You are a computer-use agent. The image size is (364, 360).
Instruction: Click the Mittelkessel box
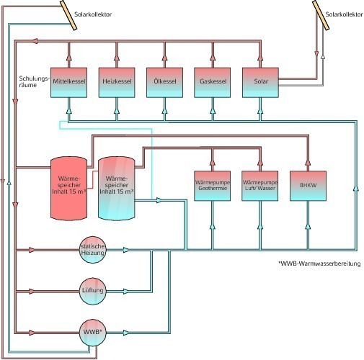coord(68,83)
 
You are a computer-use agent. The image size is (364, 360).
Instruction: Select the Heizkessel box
coord(117,83)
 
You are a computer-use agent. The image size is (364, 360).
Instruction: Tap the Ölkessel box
coord(164,83)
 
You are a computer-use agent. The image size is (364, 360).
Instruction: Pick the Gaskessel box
coord(213,83)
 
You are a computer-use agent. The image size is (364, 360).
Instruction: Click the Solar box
coord(260,83)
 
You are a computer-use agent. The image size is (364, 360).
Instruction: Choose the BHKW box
coord(308,186)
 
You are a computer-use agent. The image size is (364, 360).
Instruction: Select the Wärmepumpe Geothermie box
coord(212,186)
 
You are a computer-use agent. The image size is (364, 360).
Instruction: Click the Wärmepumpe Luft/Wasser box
coord(260,186)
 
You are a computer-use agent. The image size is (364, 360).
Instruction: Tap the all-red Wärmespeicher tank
coord(68,189)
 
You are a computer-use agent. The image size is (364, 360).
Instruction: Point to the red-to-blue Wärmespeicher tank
coord(117,189)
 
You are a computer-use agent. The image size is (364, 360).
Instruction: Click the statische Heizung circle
coord(93,250)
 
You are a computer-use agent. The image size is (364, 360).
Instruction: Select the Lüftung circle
coord(93,291)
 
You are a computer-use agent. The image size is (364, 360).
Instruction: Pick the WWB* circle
coord(93,333)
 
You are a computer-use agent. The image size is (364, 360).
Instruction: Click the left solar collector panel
coord(68,15)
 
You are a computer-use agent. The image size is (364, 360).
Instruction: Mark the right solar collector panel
coord(321,15)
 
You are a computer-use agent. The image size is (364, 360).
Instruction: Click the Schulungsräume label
coord(34,81)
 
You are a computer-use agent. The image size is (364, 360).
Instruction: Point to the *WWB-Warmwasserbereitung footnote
coord(319,264)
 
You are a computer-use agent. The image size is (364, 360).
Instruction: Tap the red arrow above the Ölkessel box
coord(164,58)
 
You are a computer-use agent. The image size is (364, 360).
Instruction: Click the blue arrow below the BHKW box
coord(308,227)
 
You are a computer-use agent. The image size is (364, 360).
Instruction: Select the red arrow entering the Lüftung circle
coord(32,292)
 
